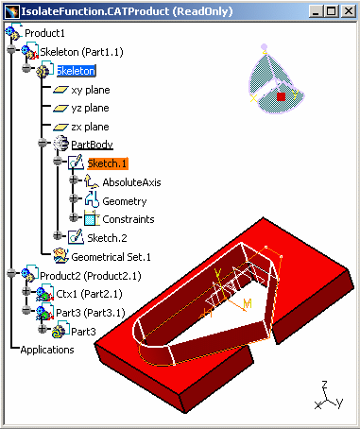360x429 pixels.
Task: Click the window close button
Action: (349, 11)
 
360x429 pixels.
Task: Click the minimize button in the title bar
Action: (317, 11)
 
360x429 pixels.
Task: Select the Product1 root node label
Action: (44, 33)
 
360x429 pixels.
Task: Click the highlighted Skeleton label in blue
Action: (76, 71)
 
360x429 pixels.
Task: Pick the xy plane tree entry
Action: (91, 90)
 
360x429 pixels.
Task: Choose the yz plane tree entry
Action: (91, 109)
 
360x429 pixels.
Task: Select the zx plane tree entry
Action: (90, 127)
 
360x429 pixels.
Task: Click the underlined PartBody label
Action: (92, 145)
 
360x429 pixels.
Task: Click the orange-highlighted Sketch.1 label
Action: (108, 163)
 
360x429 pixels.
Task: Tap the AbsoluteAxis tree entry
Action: (131, 182)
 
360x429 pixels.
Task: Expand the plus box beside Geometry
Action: (74, 198)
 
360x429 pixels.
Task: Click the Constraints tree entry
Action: (129, 219)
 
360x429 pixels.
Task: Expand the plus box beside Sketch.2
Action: (58, 235)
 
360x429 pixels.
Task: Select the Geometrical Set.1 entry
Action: (111, 257)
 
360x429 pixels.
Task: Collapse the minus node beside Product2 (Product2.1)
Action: (11, 273)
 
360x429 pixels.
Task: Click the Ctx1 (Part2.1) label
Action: (89, 294)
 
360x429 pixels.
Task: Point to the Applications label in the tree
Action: (47, 350)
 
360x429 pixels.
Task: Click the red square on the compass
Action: (282, 96)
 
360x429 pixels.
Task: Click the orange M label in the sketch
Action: (248, 303)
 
